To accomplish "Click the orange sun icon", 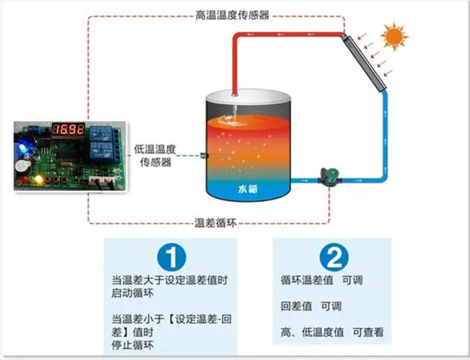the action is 394,36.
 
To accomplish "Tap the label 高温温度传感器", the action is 232,15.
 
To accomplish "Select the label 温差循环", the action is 215,223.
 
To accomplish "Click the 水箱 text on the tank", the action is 247,189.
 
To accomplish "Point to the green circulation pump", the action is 330,177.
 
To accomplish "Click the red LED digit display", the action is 68,129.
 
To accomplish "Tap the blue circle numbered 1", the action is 172,257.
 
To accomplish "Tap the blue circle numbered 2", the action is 334,257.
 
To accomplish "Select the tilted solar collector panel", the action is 364,62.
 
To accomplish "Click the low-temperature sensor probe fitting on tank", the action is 204,155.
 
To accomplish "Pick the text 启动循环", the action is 132,293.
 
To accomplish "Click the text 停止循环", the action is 132,345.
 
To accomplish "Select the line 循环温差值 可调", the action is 322,281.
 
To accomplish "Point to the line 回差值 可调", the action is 311,307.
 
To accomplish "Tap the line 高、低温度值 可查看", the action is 333,333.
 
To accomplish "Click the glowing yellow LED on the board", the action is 39,179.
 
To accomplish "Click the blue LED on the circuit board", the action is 23,148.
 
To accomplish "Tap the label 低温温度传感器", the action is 155,156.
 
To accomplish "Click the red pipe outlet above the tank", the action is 235,95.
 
